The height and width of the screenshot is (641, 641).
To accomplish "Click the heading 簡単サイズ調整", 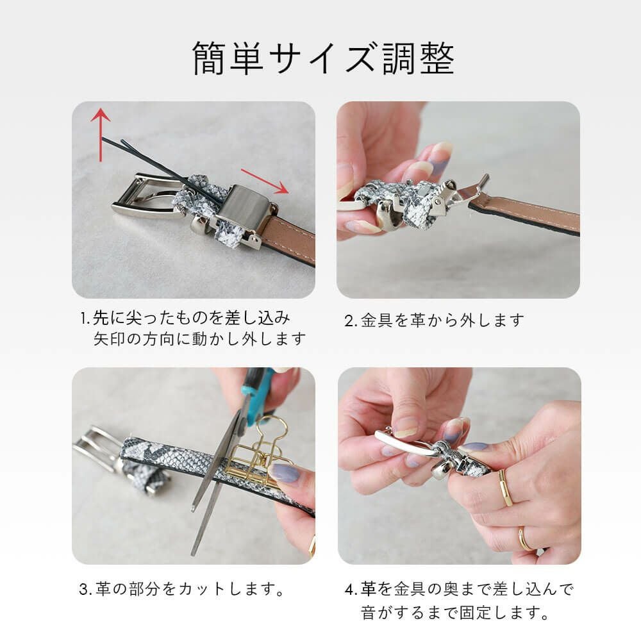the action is (x=323, y=58).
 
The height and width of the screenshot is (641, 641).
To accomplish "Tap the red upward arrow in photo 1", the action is (x=101, y=135).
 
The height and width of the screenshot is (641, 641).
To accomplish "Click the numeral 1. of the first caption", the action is (x=85, y=319).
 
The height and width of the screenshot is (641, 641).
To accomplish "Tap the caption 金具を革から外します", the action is (x=442, y=320).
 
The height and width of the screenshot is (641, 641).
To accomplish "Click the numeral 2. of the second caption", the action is (x=351, y=321).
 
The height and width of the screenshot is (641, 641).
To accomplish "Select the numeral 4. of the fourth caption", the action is (x=351, y=590).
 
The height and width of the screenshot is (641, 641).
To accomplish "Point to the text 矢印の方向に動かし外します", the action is (x=199, y=339).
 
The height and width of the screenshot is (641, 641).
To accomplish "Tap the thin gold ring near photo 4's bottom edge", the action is (x=524, y=539).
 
